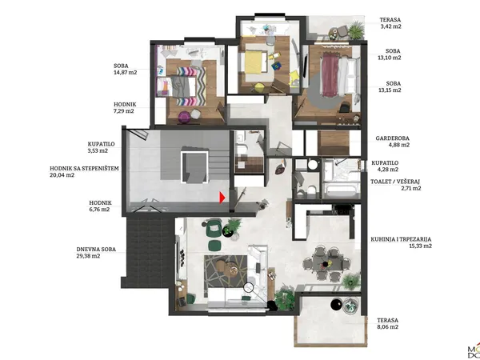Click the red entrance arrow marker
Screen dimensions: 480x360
pos(222,198)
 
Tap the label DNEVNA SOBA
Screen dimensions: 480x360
pos(96,249)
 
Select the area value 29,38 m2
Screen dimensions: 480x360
pos(88,256)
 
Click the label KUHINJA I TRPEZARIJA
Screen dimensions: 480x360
pos(401,239)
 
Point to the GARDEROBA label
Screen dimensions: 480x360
pos(393,138)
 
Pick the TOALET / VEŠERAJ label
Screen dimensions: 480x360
pos(395,182)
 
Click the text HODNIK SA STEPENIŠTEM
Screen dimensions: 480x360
pos(84,168)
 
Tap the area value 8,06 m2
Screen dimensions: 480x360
pos(387,327)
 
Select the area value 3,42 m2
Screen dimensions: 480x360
pos(390,26)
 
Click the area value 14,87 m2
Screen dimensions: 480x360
pos(126,73)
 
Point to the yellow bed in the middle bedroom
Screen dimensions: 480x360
pos(254,62)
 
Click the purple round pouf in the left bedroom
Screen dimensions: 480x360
pos(184,118)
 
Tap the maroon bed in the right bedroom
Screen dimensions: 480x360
pos(330,74)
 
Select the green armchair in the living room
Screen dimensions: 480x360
pos(214,227)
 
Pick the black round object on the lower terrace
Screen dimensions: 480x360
pos(337,305)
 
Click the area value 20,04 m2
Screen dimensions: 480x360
pos(62,175)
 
